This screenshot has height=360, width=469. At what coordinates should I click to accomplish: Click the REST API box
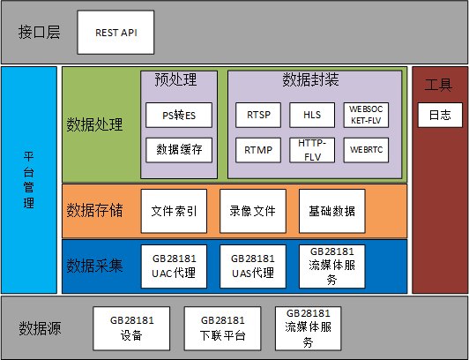point(115,33)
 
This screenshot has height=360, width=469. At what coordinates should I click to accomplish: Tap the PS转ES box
point(179,116)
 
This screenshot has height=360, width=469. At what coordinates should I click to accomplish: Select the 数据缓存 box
point(179,150)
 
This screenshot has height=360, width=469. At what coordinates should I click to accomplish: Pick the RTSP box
point(258,116)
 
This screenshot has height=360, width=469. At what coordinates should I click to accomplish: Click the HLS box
point(312,116)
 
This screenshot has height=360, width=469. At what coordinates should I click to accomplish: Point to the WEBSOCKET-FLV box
point(366,116)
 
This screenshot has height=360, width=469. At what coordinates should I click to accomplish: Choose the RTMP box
point(258,150)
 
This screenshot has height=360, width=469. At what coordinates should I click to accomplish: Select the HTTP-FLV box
point(312,150)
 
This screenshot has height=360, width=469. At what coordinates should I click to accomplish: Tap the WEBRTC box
point(366,150)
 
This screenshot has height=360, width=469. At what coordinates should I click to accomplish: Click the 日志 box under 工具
point(440,116)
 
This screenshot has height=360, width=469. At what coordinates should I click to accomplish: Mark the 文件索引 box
point(174,211)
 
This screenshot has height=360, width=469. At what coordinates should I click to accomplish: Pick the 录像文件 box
point(253,211)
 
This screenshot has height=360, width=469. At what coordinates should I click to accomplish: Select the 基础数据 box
point(332,211)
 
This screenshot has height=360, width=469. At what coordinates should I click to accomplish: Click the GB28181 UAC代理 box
point(174,266)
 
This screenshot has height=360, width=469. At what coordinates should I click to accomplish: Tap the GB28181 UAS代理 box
point(253,266)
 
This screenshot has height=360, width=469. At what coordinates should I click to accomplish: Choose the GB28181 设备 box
point(131,328)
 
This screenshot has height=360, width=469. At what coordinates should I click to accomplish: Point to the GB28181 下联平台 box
point(222,328)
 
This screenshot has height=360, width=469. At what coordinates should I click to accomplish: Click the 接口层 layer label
point(39,33)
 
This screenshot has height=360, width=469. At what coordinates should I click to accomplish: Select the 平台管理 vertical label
point(29,179)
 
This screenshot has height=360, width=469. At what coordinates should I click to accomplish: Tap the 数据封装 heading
point(311,79)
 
